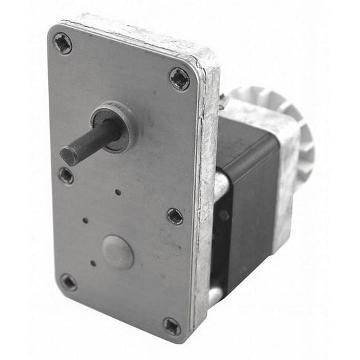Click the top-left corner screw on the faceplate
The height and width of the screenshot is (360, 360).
(x=62, y=44)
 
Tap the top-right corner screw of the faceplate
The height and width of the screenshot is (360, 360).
(x=179, y=79)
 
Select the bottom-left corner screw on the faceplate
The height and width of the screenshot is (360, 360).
(x=68, y=282)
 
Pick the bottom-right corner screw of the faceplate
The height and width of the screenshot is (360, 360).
(x=172, y=326)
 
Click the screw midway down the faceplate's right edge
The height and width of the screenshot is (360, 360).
(x=175, y=216)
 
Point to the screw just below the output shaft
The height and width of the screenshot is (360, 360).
(x=66, y=176)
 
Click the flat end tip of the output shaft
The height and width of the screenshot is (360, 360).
(x=69, y=155)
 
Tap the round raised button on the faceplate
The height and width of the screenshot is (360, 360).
(x=117, y=252)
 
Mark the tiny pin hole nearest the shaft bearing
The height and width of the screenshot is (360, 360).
(x=117, y=192)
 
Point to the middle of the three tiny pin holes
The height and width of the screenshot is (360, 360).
(x=86, y=220)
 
